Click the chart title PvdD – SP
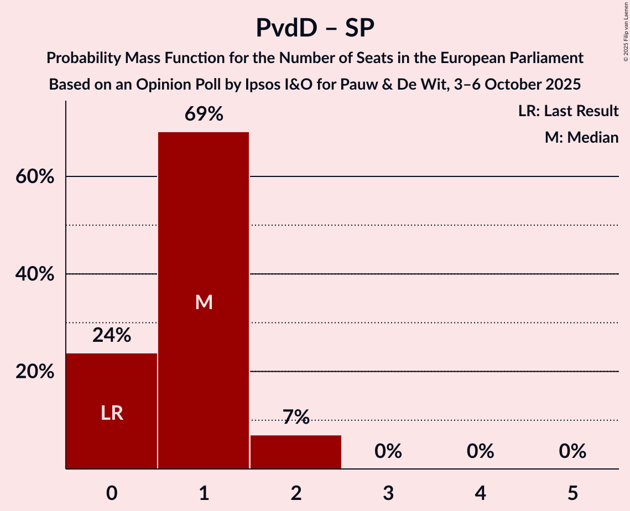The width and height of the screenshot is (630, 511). (315, 28)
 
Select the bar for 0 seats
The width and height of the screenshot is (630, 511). (112, 410)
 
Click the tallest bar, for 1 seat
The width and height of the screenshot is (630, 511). (204, 300)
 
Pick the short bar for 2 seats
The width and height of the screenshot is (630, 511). (296, 452)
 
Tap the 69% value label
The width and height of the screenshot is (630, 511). (204, 114)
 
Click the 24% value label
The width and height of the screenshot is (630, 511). (112, 335)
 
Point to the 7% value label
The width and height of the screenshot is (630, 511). (296, 417)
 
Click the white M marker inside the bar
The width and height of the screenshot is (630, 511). (204, 302)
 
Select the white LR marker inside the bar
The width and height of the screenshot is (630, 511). (112, 413)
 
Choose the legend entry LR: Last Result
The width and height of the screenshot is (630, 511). (569, 111)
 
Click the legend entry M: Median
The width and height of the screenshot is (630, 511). (581, 137)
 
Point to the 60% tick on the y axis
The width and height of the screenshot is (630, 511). (35, 177)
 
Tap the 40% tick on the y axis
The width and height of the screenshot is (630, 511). (35, 274)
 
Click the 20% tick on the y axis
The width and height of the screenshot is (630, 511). (35, 372)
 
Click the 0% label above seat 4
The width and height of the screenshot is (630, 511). (480, 452)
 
